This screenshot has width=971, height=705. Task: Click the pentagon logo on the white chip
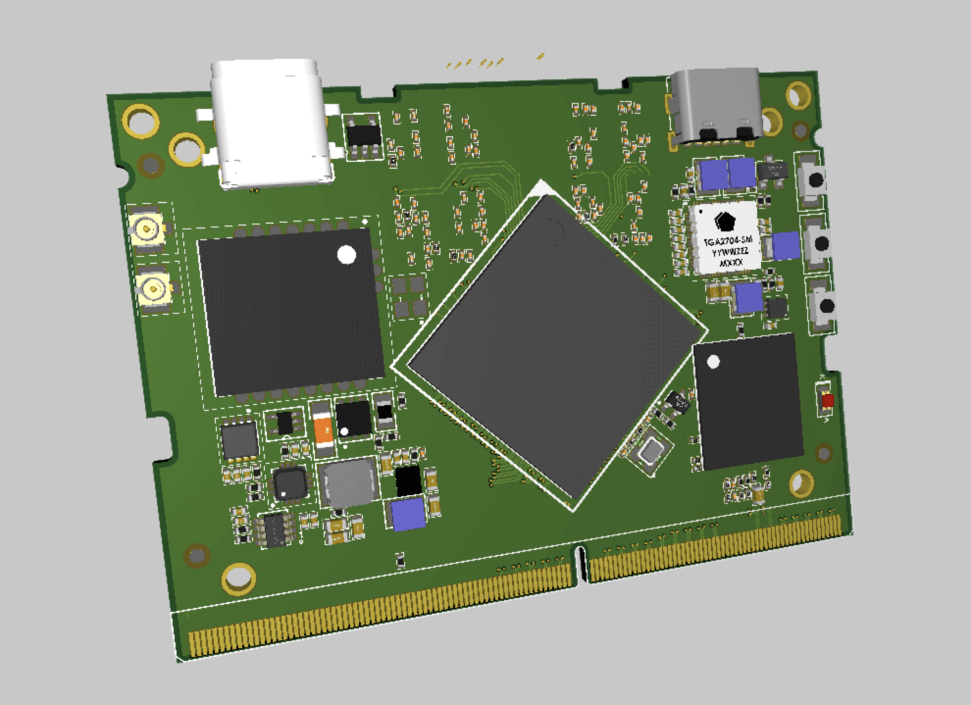point(724,221)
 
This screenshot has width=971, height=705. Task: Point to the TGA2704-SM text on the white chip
point(729,241)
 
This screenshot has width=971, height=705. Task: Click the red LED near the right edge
point(827,400)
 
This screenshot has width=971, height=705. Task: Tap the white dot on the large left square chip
point(346,255)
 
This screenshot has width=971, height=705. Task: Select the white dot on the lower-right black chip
point(713,362)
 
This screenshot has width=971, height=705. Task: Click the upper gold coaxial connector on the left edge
point(147,228)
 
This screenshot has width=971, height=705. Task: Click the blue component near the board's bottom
point(408,514)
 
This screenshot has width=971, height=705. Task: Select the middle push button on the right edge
point(821,243)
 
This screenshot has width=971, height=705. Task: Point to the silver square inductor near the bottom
point(347,483)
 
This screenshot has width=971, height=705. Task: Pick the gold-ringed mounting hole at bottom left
point(238,578)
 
